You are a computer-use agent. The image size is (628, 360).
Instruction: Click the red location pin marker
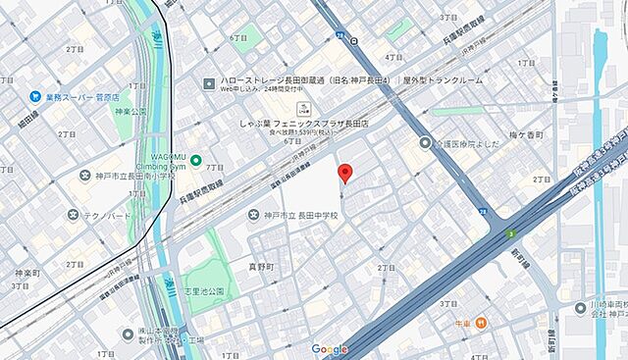344,174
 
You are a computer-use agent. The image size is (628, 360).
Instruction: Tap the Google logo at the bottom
330,349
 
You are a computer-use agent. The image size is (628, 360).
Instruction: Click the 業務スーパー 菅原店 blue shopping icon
35,97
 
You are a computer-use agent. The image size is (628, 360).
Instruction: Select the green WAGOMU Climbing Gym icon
196,161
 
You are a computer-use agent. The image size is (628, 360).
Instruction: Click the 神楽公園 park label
131,112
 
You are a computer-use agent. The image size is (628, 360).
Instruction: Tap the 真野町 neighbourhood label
262,266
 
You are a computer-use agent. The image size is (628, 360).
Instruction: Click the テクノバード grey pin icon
74,214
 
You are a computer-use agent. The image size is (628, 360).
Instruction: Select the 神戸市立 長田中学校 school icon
254,214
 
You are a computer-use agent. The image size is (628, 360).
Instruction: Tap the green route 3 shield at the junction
512,233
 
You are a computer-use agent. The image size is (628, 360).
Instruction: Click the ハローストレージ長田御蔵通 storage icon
209,82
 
